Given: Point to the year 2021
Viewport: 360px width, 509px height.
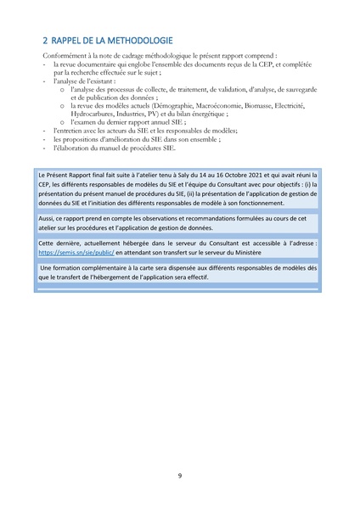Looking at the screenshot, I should (x=240, y=175).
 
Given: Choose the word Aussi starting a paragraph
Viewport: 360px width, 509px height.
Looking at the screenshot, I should (x=47, y=218).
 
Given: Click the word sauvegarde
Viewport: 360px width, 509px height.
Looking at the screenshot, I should (x=296, y=88).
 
